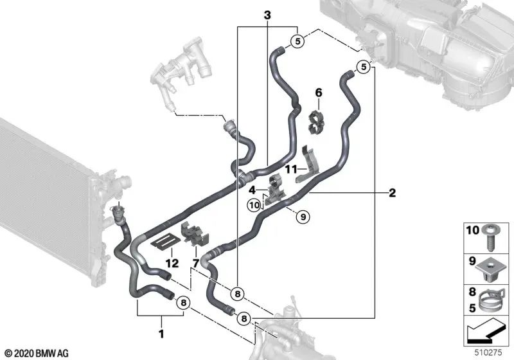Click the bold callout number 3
(x=267, y=15)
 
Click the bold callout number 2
(x=392, y=193)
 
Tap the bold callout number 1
(x=161, y=334)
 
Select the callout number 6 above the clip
(x=319, y=93)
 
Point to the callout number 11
(x=291, y=170)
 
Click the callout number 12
(x=172, y=263)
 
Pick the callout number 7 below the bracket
(x=195, y=263)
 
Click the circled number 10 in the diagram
(x=254, y=206)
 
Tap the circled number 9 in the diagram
(x=303, y=217)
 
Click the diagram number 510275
(x=488, y=353)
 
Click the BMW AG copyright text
(x=37, y=354)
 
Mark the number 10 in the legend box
(x=473, y=230)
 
